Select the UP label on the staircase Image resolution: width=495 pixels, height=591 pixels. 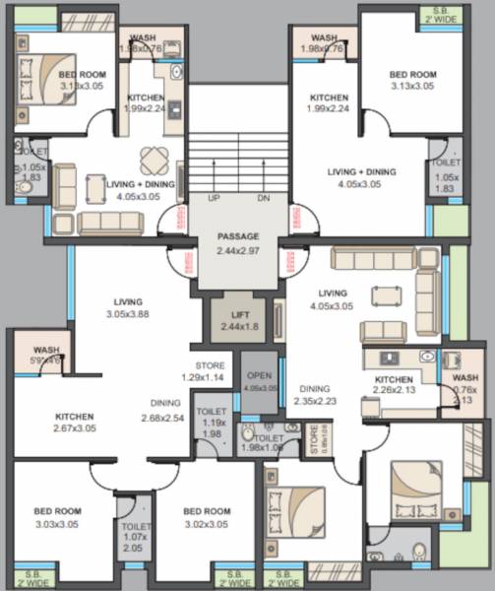coord(213,198)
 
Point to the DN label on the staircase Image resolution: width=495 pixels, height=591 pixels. coord(263,198)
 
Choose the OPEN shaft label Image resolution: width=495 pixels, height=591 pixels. coord(260,381)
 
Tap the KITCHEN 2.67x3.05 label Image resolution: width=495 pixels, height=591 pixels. coord(74,422)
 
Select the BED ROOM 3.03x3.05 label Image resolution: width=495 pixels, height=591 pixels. coord(57,517)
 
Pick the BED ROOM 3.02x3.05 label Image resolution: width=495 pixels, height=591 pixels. coord(207,517)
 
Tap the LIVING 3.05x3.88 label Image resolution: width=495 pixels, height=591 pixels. coord(128,307)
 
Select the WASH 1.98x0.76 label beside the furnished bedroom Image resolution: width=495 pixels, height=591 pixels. coord(148,43)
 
